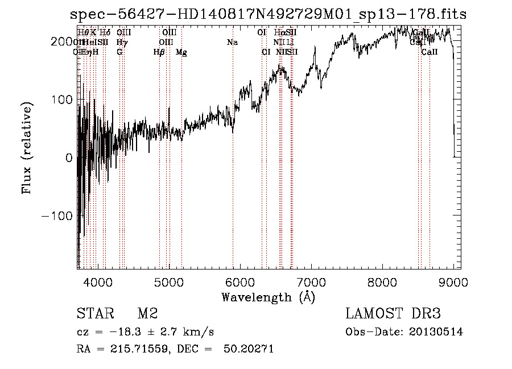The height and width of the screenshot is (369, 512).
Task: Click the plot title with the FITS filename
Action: click(x=268, y=15)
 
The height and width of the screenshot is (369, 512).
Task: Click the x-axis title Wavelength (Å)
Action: click(x=268, y=297)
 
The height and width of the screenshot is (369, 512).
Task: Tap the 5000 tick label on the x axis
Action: click(x=169, y=281)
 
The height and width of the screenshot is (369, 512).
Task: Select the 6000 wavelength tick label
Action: click(x=240, y=281)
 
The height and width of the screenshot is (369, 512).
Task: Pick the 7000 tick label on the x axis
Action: click(x=311, y=281)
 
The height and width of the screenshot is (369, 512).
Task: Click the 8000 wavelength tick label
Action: click(x=382, y=281)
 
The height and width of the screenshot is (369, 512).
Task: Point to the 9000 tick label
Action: click(x=453, y=281)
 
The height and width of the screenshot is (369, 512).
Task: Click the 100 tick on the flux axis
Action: click(x=64, y=99)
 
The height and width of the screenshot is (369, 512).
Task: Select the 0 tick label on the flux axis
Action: click(x=69, y=157)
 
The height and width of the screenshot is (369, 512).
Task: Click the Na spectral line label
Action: click(x=232, y=43)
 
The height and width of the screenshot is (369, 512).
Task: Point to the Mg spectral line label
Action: click(x=181, y=52)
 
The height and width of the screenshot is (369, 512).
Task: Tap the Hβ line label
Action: click(x=159, y=52)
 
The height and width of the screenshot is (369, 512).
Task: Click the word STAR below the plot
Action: click(x=94, y=314)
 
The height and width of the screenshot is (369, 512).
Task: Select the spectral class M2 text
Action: click(x=147, y=314)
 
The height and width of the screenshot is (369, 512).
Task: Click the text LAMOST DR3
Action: click(x=393, y=314)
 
